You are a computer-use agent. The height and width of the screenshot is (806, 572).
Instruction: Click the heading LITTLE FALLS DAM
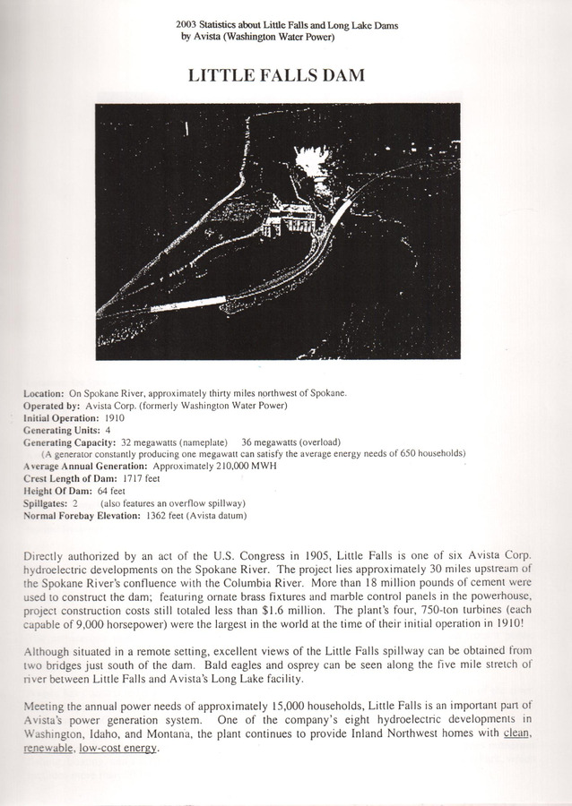[276, 76]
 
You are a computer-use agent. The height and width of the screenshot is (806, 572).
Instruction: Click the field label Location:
[43, 393]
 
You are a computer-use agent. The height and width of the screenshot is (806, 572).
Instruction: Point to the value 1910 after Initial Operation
[116, 417]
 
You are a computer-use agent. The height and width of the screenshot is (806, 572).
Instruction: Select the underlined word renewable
[44, 749]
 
